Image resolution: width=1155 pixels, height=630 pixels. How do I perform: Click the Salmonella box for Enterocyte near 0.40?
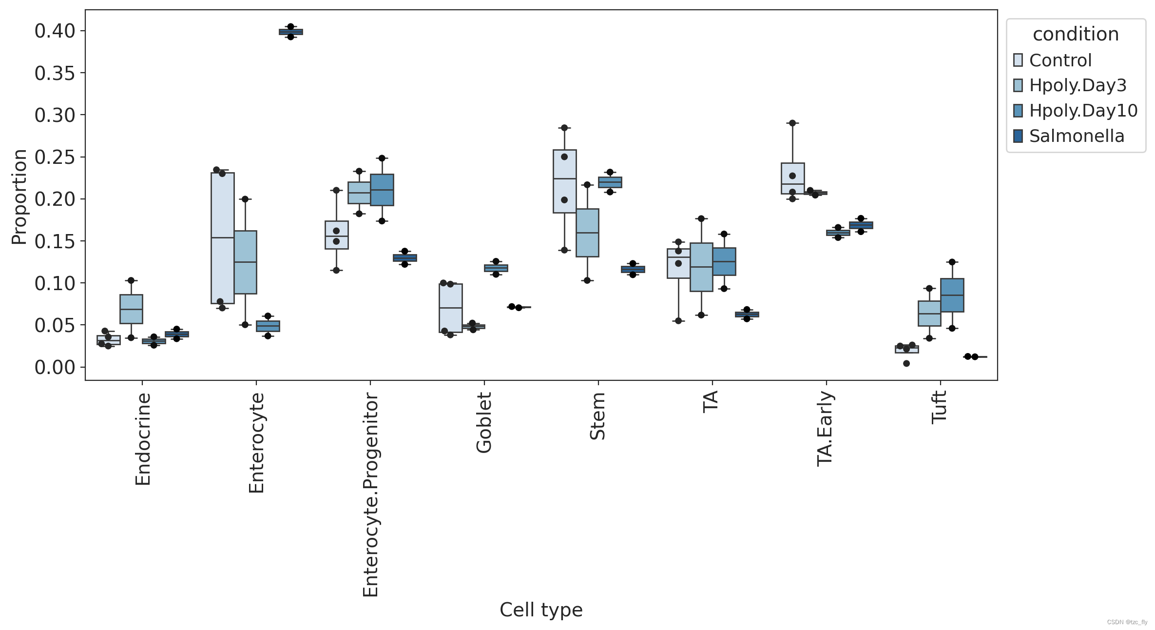pos(291,32)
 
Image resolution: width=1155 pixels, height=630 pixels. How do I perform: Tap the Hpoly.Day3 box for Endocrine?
pos(131,309)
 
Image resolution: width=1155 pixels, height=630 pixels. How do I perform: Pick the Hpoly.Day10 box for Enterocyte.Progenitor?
pos(382,190)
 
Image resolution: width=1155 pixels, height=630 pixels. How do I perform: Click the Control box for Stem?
pos(565,181)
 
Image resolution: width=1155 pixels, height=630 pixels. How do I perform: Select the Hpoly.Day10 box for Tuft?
pos(952,295)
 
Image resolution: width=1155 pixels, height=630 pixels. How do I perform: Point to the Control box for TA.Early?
pos(792,178)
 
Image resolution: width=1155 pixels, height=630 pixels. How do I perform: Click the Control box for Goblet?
pos(451,308)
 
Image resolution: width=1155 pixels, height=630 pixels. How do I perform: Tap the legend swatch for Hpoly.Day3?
pos(1018,85)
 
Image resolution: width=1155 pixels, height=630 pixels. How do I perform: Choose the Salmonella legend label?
pos(1077,136)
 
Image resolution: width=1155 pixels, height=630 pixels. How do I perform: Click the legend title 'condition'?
pos(1076,34)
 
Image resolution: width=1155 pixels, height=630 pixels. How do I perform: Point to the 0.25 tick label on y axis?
pos(55,157)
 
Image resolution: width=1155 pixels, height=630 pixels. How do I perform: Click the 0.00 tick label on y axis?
pos(55,367)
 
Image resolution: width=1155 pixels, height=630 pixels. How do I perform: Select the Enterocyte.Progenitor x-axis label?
pos(371,495)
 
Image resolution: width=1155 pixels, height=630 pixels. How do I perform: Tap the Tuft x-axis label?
pos(939,407)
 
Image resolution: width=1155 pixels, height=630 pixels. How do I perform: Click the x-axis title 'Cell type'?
pos(541,610)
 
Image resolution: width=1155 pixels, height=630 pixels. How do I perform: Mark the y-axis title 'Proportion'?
pos(19,197)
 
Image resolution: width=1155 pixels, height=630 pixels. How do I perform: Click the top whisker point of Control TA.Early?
pos(792,123)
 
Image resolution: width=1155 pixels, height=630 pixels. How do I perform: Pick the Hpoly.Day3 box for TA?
pos(701,267)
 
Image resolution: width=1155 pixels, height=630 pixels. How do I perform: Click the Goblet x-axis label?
pos(484,423)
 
